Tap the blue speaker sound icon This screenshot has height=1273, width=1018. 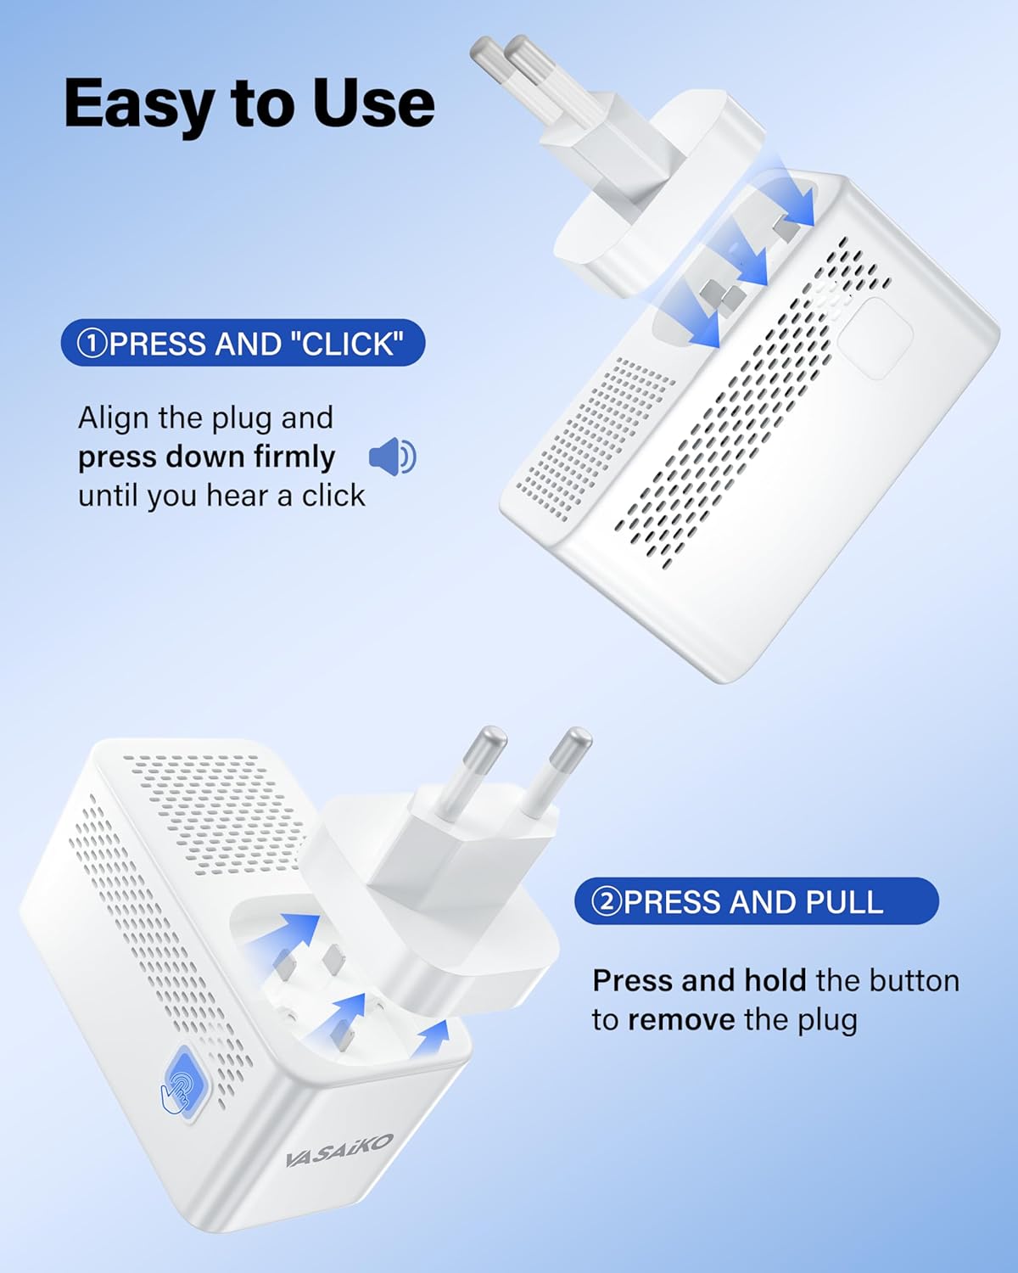click(x=392, y=457)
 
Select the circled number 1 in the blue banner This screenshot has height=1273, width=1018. click(x=92, y=344)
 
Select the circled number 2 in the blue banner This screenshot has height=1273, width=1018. click(x=607, y=903)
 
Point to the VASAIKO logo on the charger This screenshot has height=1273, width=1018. click(x=339, y=1151)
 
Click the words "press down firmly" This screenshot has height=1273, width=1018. click(x=206, y=457)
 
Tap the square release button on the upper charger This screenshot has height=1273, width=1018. click(x=875, y=338)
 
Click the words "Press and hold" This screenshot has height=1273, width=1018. click(x=699, y=981)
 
